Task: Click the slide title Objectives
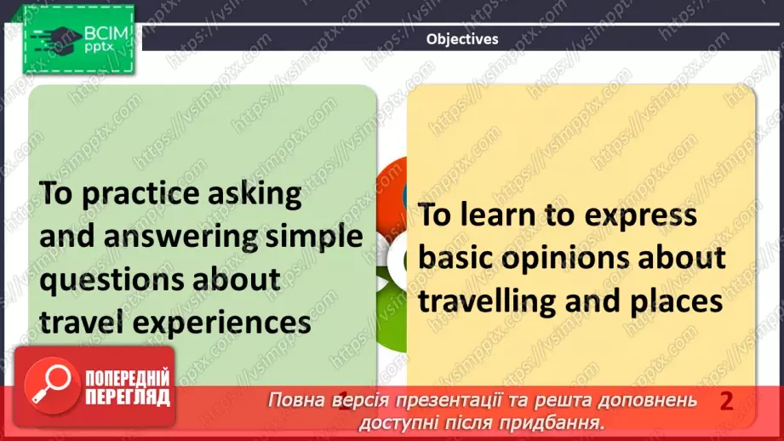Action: click(462, 38)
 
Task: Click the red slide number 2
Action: click(726, 401)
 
